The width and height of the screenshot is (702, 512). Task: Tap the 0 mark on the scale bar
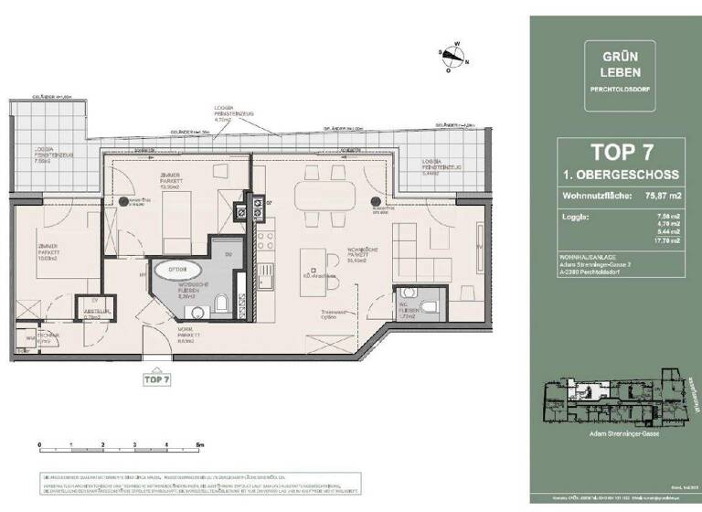[x=40, y=443]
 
